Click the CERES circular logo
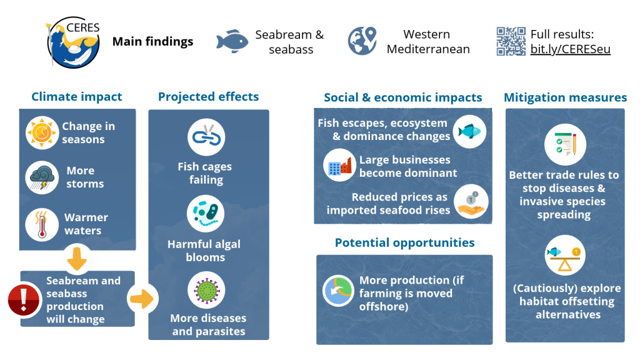point(74,42)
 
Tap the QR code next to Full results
point(511,41)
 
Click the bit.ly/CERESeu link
point(570,49)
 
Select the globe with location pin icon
point(362,41)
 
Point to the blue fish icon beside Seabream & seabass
point(232,41)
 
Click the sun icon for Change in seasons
point(42,132)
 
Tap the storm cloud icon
point(42,177)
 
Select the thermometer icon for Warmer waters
point(42,224)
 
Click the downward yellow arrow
point(77,259)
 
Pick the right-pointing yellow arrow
point(142,299)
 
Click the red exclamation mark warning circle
point(24,300)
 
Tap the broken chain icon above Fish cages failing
point(206,137)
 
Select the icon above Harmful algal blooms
point(206,214)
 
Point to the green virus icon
point(206,291)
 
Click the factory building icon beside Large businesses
point(339,165)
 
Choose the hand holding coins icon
point(471,202)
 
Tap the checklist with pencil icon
point(565,144)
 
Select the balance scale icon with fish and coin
point(565,256)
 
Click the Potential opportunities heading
point(405,243)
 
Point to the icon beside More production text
point(338,291)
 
